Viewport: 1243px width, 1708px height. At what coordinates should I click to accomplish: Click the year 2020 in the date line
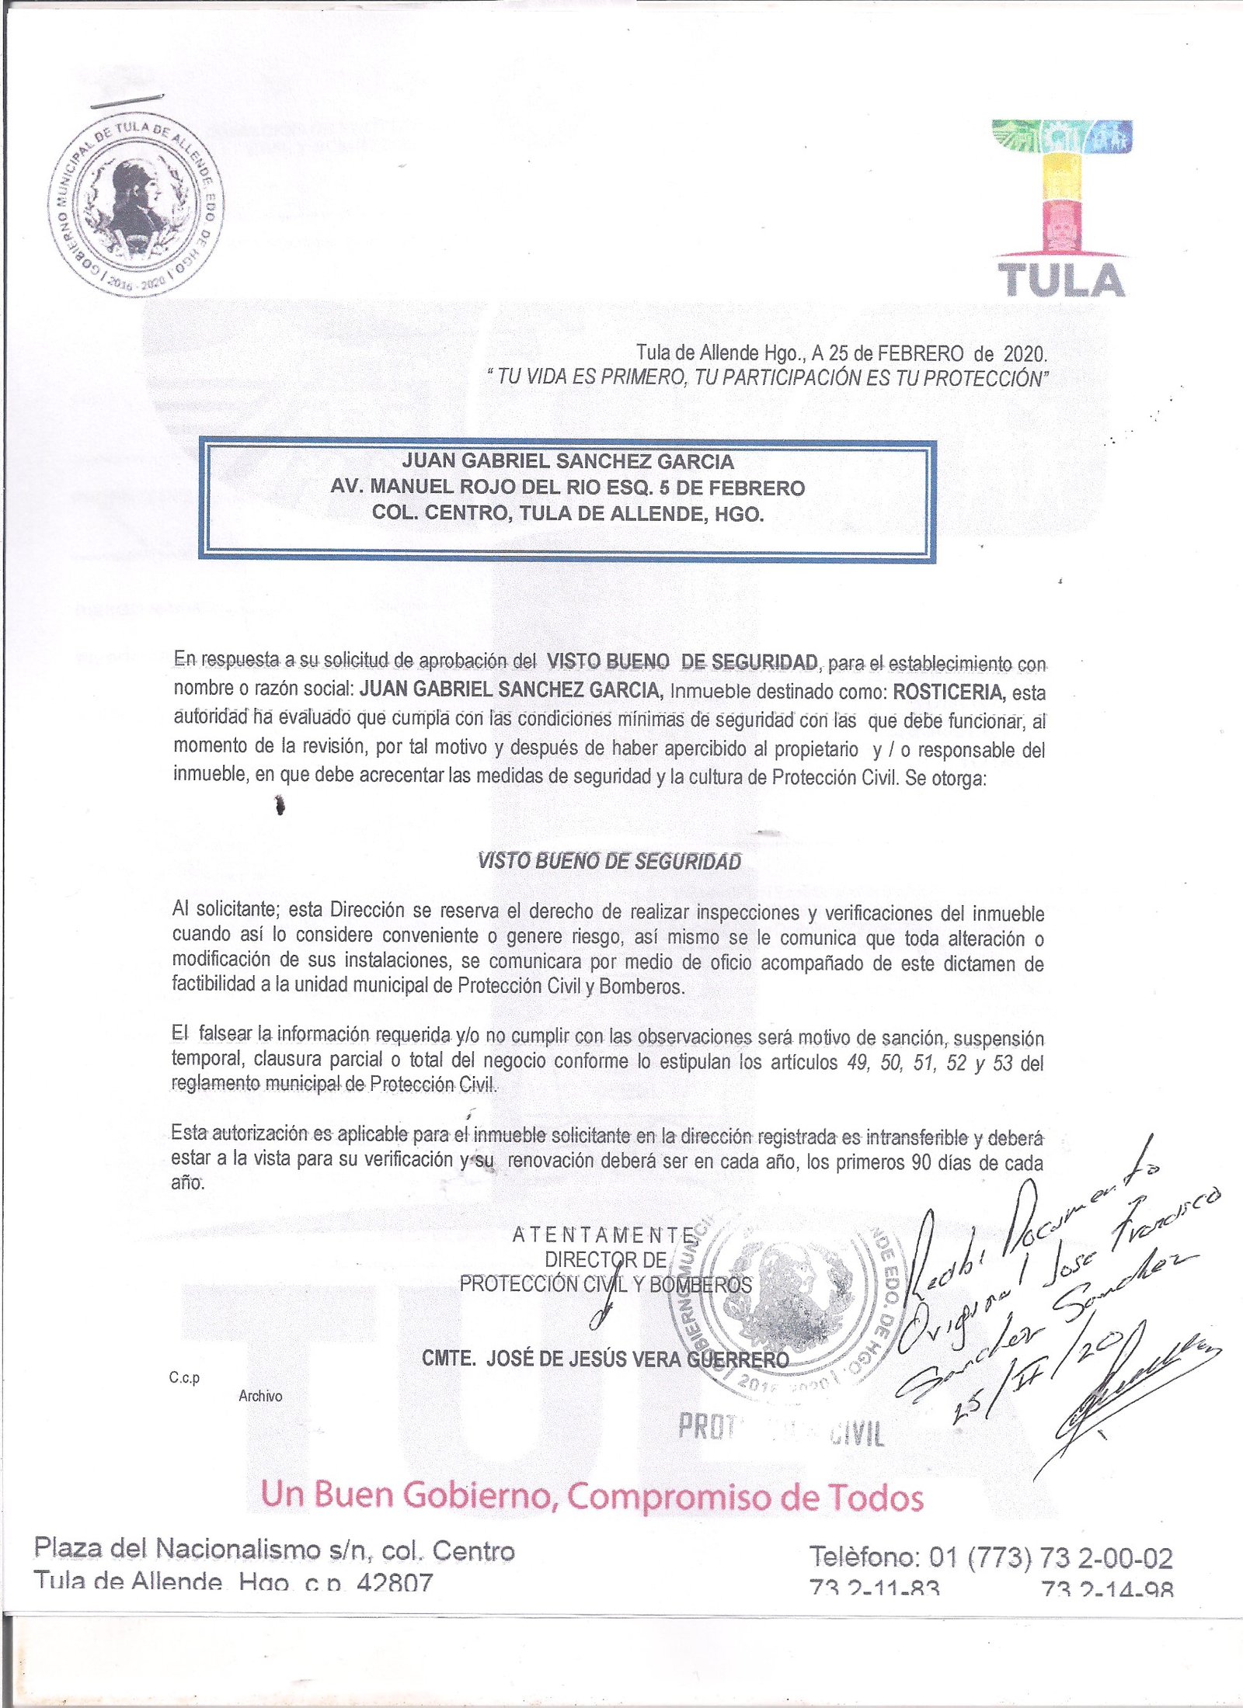[1024, 354]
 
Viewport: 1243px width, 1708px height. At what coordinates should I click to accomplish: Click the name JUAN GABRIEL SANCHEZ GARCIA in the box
[568, 462]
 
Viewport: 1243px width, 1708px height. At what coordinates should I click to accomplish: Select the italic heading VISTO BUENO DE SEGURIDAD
[609, 861]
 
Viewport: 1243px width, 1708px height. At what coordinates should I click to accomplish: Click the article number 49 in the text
[858, 1063]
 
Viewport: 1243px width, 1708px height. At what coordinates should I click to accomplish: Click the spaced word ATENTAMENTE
[604, 1234]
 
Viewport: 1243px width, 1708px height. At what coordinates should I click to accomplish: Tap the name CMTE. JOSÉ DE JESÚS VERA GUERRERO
[605, 1359]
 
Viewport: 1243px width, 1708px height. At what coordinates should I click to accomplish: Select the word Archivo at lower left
[260, 1396]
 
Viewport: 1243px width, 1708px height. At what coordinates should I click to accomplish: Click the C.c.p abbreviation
[184, 1378]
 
